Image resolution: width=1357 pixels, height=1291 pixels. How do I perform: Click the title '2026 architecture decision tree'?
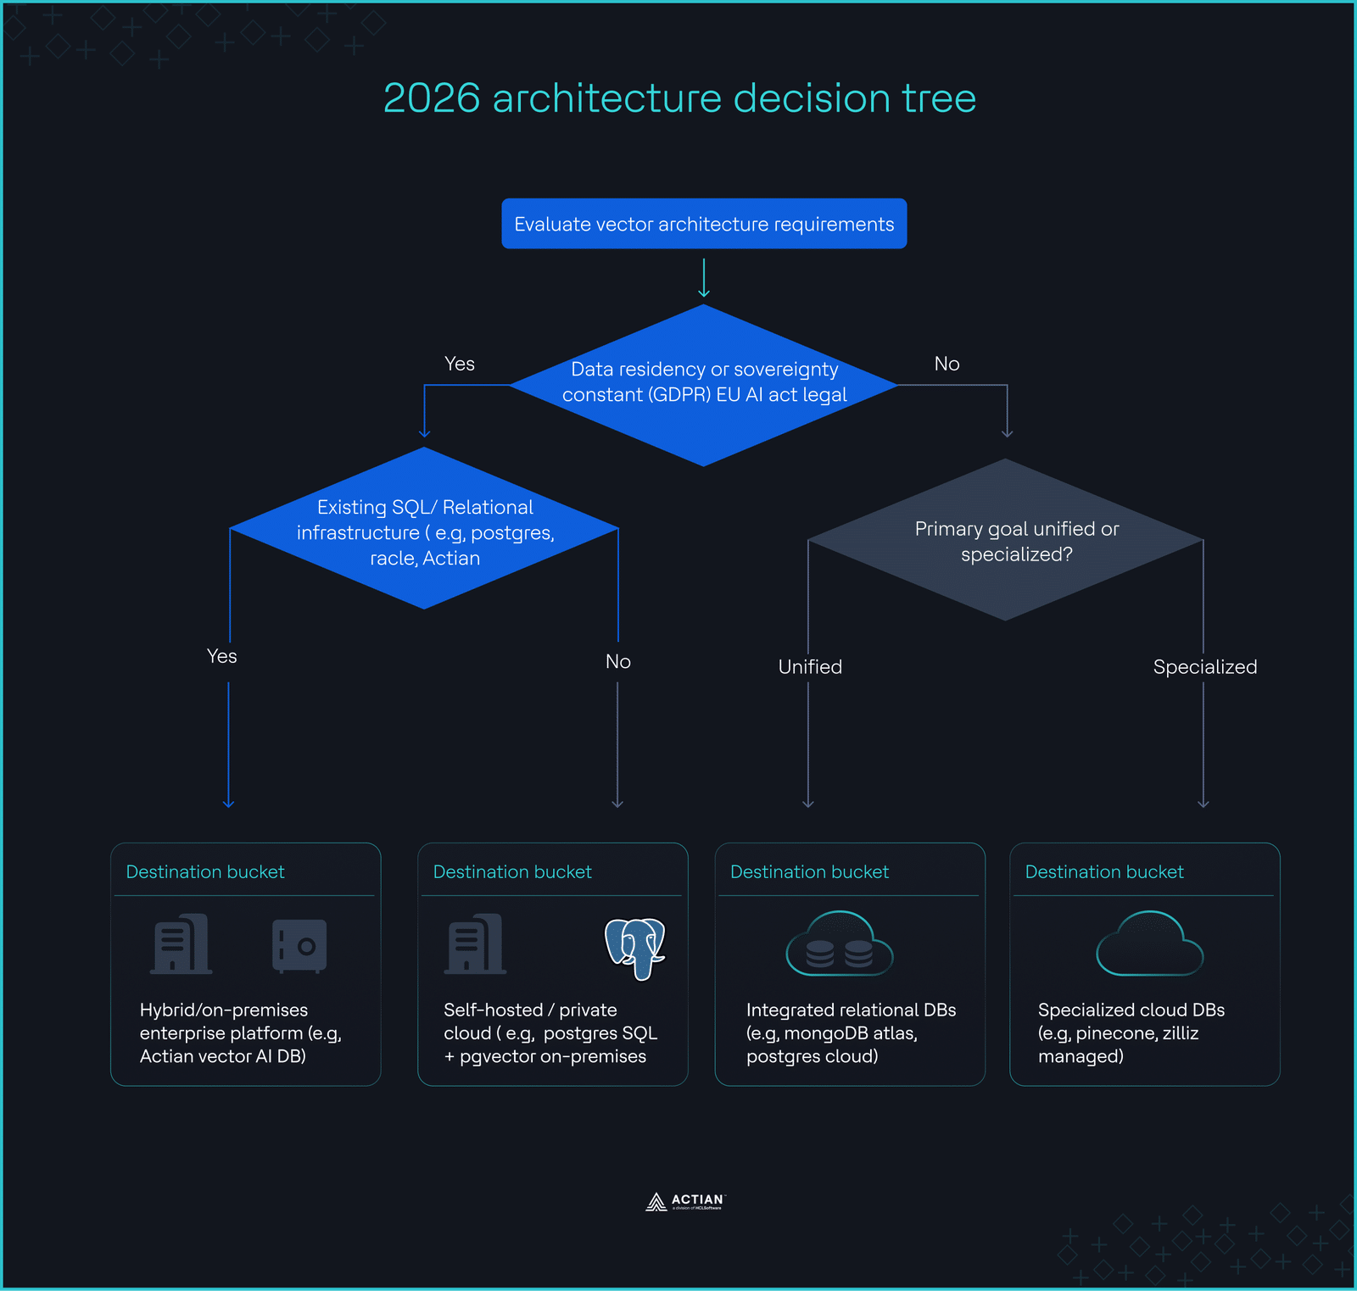(679, 98)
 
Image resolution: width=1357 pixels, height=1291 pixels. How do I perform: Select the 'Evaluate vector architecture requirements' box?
(704, 224)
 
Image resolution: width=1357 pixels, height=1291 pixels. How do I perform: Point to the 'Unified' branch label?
(810, 667)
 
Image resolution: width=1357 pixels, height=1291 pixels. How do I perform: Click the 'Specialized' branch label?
(1204, 667)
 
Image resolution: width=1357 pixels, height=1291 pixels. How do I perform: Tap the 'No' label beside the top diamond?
(947, 364)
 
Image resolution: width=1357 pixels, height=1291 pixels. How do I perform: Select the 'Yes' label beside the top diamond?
(460, 364)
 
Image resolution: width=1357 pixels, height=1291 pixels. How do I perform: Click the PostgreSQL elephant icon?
(635, 947)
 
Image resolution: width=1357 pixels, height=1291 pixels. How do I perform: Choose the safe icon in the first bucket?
(299, 945)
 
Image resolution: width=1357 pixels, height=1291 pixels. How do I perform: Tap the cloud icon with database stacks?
(839, 944)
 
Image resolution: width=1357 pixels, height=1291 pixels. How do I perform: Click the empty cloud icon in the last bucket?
(1149, 944)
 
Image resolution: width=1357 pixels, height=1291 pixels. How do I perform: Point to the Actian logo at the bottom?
(685, 1201)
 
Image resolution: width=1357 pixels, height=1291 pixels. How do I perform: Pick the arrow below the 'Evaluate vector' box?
(704, 277)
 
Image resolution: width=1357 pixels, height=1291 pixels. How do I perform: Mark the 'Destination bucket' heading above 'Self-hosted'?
(512, 871)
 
